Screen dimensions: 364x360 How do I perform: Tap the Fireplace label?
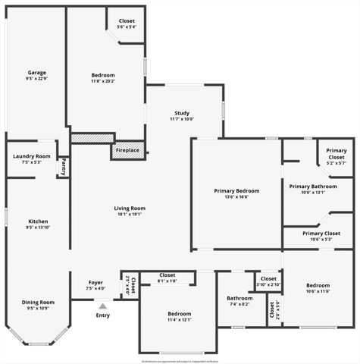click(127, 150)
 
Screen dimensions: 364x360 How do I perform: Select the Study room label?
click(182, 113)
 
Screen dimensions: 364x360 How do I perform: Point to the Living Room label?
click(130, 208)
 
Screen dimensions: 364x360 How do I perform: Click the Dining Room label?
click(38, 302)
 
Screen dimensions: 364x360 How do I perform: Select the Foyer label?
click(95, 283)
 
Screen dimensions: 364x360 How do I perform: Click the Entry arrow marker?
click(102, 305)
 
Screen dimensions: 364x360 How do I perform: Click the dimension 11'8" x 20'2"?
click(103, 81)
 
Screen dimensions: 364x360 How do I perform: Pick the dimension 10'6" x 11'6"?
click(318, 292)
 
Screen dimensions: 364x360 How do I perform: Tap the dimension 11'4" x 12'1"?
click(179, 319)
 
